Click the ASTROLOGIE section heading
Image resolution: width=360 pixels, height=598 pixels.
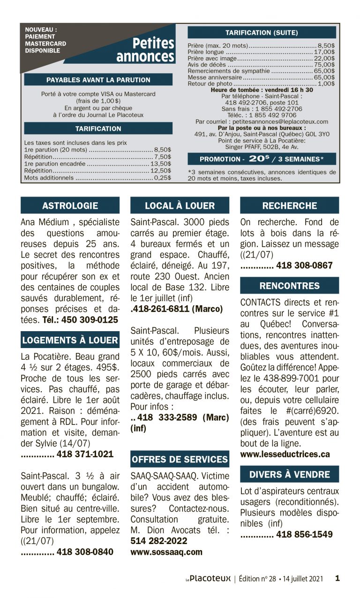pos(70,205)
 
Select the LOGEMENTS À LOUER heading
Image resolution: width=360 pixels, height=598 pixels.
pos(70,340)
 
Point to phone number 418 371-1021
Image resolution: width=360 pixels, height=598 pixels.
pos(85,454)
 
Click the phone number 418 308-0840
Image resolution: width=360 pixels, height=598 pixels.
pos(85,552)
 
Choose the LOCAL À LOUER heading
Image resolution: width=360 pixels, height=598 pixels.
pos(180,205)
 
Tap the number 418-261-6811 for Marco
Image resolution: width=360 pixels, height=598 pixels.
pos(177,309)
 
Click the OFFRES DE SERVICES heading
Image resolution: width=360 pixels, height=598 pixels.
pos(180,459)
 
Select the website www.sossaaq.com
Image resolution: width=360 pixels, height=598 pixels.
pos(166,552)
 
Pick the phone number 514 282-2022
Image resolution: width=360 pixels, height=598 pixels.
pos(158,541)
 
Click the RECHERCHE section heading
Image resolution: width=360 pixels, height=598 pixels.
pos(289,205)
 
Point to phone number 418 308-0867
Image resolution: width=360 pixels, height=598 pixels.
pos(304,265)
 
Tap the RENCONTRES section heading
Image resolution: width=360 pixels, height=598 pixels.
pos(289,286)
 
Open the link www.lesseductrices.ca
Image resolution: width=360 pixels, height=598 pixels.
pos(285,454)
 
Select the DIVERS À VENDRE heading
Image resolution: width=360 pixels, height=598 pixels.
pos(289,474)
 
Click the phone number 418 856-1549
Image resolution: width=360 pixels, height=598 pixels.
pos(304,534)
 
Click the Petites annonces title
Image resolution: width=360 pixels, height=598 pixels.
pos(146,50)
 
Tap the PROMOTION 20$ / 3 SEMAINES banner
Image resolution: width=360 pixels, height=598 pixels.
pos(262,159)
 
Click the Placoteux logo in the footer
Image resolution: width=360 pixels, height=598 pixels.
pos(207,579)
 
